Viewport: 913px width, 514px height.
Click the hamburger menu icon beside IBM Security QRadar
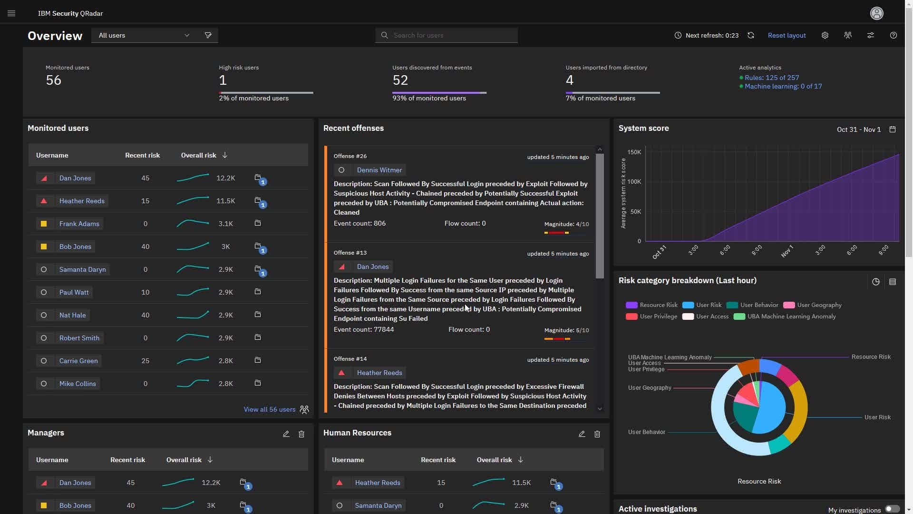click(x=11, y=13)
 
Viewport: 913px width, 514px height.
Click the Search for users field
click(x=447, y=35)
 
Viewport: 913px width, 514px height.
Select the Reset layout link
click(x=787, y=35)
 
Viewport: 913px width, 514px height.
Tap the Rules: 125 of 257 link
click(x=771, y=78)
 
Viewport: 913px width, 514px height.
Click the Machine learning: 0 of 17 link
click(x=783, y=86)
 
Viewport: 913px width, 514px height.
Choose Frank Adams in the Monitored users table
click(x=79, y=224)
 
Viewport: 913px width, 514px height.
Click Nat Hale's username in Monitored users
click(x=72, y=315)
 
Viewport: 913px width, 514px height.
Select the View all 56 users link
click(x=269, y=409)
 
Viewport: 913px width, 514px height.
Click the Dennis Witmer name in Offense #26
click(x=379, y=170)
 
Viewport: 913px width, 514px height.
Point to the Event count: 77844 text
click(x=363, y=329)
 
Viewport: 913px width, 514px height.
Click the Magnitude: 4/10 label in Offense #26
click(x=566, y=224)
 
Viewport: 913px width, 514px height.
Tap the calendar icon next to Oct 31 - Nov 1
click(x=893, y=129)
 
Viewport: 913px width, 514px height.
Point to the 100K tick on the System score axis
click(x=634, y=182)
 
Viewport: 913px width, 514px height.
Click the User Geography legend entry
click(x=819, y=305)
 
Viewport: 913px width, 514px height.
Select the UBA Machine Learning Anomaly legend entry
click(x=791, y=316)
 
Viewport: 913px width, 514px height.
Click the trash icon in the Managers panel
click(x=301, y=434)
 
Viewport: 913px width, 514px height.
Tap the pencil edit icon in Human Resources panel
click(x=582, y=434)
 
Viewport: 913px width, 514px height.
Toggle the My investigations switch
click(x=892, y=509)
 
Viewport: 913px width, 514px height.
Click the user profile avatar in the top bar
click(x=876, y=13)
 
